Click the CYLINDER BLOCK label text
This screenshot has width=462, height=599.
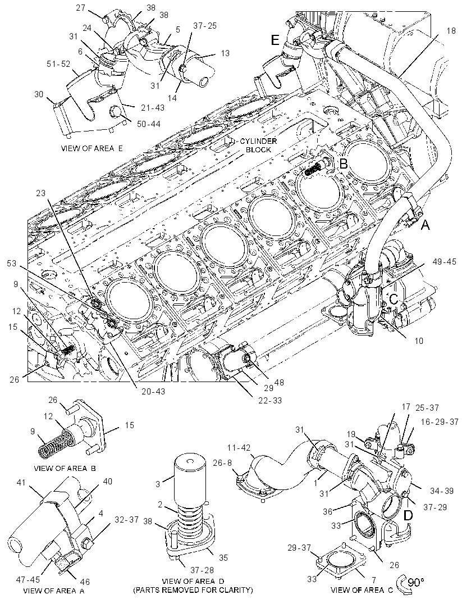click(258, 145)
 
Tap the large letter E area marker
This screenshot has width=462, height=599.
click(276, 40)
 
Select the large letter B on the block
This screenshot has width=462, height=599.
click(344, 164)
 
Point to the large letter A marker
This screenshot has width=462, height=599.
click(425, 226)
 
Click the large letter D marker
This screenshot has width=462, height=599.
click(408, 516)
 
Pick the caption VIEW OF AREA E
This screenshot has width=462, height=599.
click(92, 148)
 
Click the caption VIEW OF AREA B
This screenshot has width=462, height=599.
click(65, 468)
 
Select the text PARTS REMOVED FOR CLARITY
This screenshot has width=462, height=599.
click(193, 590)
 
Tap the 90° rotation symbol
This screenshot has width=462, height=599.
click(410, 583)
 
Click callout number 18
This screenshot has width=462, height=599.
click(451, 30)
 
